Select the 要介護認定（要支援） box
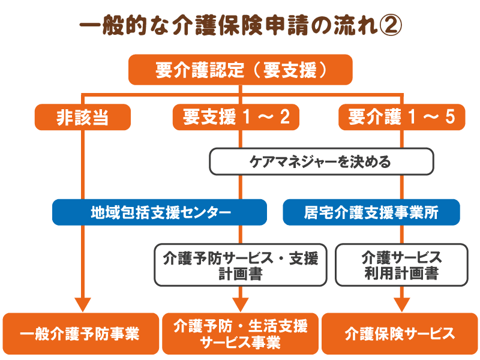tap(241, 70)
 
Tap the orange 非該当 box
tap(83, 117)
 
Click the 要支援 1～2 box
tap(236, 117)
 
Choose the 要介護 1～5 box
tap(401, 117)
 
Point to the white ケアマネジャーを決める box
tap(322, 161)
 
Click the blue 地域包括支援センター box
tap(160, 212)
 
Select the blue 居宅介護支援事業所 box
tap(371, 212)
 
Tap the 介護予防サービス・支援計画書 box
tap(241, 265)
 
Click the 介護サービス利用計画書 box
tap(401, 265)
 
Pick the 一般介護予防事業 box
tap(81, 334)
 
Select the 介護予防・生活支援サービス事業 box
tap(241, 334)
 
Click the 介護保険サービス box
tap(400, 334)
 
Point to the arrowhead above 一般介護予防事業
tap(83, 304)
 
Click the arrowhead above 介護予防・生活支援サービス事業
tap(241, 304)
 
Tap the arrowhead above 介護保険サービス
tap(401, 304)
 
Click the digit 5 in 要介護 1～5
tap(450, 116)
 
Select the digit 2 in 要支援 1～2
tap(284, 116)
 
